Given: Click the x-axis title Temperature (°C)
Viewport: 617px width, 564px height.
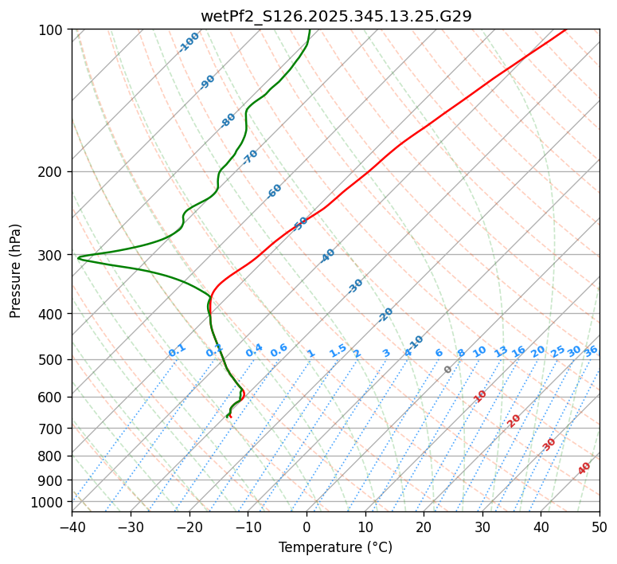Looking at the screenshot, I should [x=335, y=548].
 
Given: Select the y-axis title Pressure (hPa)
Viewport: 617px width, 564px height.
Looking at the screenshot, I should [x=15, y=270].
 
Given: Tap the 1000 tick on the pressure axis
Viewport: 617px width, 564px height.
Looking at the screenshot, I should [x=49, y=502].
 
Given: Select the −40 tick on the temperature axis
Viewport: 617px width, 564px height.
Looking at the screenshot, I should [x=72, y=527].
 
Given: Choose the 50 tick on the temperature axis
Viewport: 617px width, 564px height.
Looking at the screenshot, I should [x=599, y=527].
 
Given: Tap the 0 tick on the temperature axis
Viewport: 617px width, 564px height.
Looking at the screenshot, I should [x=307, y=527].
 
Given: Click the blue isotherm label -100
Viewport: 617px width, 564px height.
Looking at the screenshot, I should [x=189, y=42].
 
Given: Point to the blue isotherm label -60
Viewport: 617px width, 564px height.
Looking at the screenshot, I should [x=275, y=191].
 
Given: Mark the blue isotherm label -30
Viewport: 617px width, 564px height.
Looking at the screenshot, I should [x=356, y=285].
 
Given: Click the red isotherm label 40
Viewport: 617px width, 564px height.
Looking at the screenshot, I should [x=584, y=468].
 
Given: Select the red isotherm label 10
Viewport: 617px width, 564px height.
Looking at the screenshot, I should [x=480, y=396].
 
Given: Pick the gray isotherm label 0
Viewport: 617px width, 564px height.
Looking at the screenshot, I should [x=448, y=370].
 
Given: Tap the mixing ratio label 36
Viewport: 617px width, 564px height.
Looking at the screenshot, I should [x=591, y=351].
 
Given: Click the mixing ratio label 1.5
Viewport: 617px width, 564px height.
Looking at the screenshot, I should [x=338, y=350].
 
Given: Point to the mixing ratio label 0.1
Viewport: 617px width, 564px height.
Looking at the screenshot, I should [x=178, y=350].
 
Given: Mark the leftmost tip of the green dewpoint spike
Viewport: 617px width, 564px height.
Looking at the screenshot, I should [x=78, y=257].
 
